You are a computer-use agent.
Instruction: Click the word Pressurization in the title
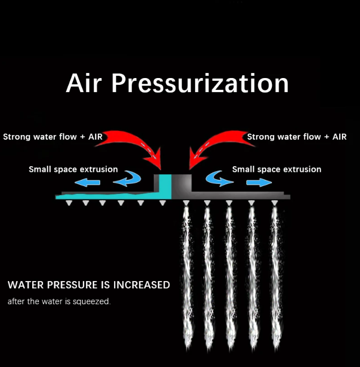pos(200,84)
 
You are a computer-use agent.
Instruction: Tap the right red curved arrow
pos(218,141)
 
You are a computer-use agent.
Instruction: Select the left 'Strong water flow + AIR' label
pos(53,137)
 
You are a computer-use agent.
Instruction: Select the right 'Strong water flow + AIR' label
pos(297,137)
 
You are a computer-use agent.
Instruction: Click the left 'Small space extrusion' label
pos(73,169)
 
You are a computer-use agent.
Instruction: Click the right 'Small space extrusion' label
pos(276,169)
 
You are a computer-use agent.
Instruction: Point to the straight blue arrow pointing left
pos(88,182)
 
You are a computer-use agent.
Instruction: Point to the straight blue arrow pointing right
pos(259,182)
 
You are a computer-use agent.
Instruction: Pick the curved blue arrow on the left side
pos(128,179)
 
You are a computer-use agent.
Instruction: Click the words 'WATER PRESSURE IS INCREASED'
pos(89,285)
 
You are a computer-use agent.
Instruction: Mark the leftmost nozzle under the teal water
pos(68,202)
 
